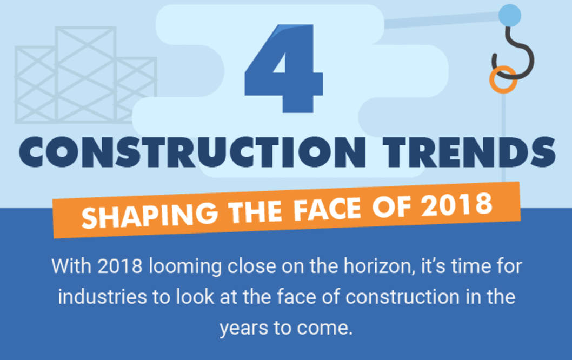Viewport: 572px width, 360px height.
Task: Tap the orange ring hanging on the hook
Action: tap(503, 79)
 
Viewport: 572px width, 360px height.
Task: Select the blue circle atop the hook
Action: tap(510, 15)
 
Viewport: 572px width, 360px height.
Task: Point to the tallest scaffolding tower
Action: tap(85, 73)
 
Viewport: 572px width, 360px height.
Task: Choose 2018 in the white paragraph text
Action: tap(120, 266)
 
